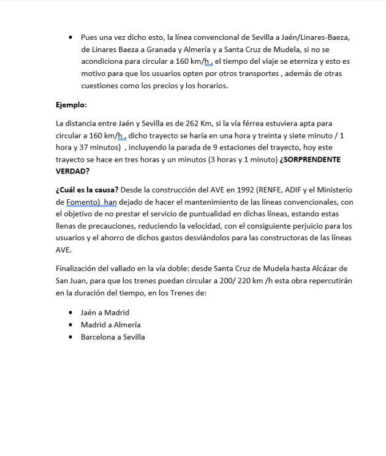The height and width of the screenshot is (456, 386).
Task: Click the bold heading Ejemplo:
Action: tap(71, 105)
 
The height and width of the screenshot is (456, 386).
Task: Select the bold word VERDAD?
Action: tap(72, 172)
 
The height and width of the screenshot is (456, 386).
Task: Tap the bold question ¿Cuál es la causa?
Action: tap(87, 190)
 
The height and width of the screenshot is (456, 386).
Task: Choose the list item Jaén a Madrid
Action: tap(105, 313)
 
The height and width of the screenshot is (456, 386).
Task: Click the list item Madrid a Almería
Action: tap(110, 325)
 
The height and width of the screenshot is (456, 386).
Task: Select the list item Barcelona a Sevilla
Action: tap(113, 337)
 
